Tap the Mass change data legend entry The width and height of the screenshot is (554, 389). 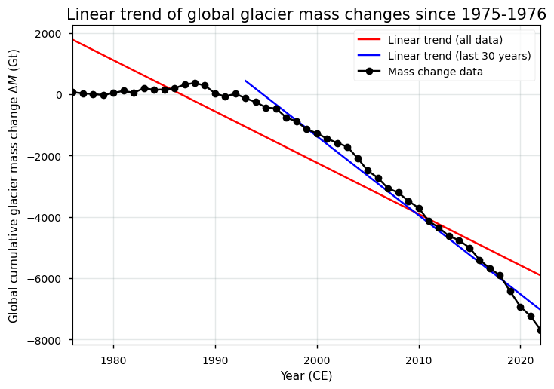click(430, 72)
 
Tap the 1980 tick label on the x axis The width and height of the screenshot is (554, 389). click(113, 360)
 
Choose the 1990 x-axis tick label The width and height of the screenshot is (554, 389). click(215, 360)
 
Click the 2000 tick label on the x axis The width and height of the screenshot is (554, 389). click(317, 360)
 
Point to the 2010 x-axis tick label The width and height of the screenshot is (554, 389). click(419, 360)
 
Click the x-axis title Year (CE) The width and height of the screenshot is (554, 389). click(306, 375)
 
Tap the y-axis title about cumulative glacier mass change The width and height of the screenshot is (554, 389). click(14, 187)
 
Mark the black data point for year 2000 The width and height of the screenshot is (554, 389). click(317, 133)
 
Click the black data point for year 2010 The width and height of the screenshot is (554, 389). click(419, 208)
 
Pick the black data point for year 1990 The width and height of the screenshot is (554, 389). click(215, 93)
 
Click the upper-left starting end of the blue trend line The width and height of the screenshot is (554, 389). click(246, 81)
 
